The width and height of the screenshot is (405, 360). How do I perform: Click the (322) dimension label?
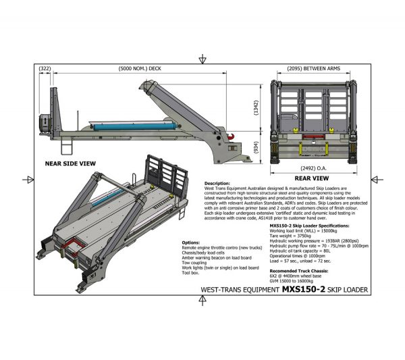pos(45,69)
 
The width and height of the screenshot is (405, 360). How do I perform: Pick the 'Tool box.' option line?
pos(194,273)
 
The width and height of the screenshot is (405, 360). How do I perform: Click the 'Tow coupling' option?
pos(200,263)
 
